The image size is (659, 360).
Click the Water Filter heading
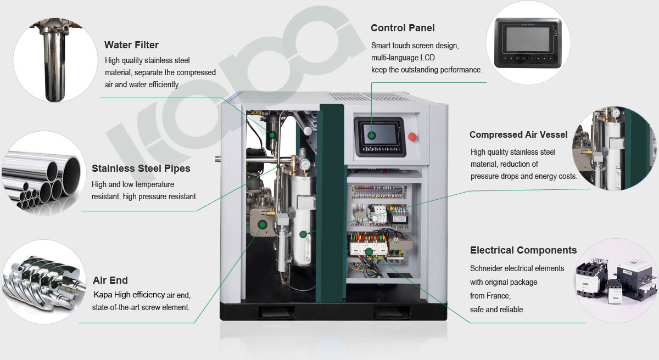click(131, 45)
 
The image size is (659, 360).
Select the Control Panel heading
click(403, 28)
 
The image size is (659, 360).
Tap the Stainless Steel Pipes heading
click(141, 168)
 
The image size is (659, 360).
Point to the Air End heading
click(110, 280)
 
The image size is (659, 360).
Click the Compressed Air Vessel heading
click(518, 134)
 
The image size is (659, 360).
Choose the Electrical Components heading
click(523, 250)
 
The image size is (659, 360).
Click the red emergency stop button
click(412, 137)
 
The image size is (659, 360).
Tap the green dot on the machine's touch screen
click(372, 136)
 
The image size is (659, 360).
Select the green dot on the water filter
click(272, 135)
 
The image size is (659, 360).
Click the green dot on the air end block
click(262, 225)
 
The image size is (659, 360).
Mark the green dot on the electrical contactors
click(368, 251)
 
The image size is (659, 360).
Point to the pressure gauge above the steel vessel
click(304, 164)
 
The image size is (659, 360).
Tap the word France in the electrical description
click(500, 296)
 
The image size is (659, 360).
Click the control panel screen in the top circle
click(528, 39)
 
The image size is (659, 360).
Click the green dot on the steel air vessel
click(303, 234)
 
